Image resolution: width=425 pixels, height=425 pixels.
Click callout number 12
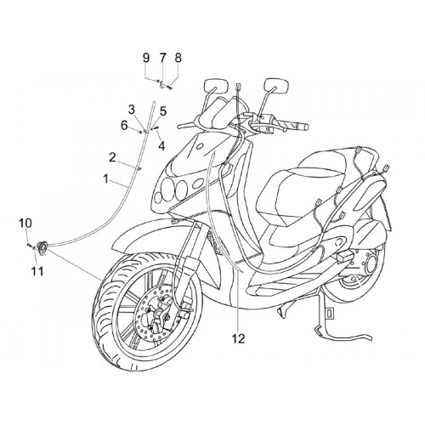238,338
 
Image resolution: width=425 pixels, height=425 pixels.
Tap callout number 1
105,179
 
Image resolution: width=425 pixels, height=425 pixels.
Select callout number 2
112,157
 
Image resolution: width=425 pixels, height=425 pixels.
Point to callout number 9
145,58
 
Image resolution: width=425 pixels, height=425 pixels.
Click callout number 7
162,58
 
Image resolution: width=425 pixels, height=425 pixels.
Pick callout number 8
178,58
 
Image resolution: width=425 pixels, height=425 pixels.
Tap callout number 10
25,223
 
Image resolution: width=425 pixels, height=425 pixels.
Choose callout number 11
37,271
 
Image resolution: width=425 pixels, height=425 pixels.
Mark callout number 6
124,125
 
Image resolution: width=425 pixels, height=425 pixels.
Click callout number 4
161,146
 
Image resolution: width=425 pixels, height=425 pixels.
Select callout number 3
132,110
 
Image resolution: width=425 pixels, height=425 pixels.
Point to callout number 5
163,111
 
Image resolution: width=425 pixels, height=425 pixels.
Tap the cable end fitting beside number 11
42,246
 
